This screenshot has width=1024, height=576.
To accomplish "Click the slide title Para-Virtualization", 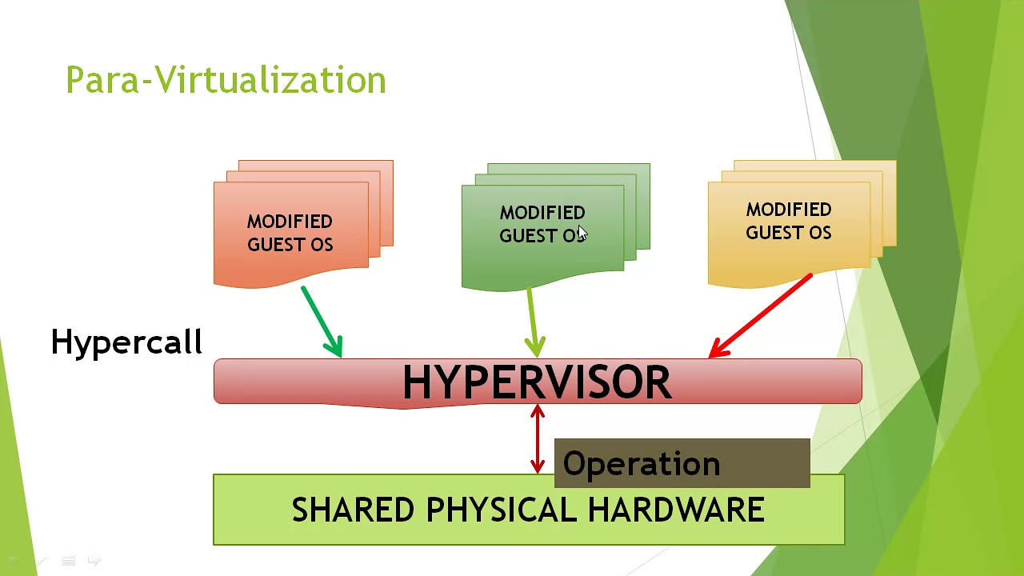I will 226,80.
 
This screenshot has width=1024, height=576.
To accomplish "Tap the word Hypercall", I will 126,342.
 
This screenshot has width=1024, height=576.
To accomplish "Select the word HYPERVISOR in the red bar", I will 537,382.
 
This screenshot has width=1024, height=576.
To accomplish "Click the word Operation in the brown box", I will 642,464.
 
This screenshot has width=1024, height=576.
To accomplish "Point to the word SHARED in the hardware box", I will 353,510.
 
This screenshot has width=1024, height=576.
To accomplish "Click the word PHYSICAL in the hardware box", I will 501,510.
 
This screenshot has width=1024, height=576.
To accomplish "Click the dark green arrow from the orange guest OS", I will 322,321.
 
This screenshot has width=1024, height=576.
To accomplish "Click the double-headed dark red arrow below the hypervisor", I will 538,440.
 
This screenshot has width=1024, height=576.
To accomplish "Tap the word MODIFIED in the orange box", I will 290,222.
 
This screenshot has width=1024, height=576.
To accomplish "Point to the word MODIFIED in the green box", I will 542,213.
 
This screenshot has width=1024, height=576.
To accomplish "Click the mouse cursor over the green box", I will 582,233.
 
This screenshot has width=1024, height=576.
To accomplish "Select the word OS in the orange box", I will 322,245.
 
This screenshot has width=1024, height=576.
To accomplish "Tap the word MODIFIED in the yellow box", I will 789,210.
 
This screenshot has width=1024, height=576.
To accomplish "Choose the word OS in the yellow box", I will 820,233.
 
